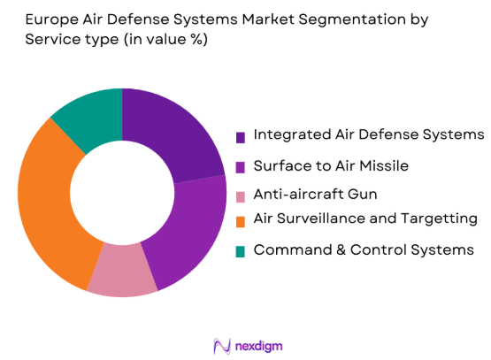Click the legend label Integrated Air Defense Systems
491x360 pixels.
369,134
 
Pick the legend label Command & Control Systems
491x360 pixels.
364,249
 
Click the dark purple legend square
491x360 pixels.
240,137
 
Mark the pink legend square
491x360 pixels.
240,195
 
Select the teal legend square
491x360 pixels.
240,252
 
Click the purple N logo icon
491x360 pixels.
222,343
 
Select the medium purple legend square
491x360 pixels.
240,166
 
